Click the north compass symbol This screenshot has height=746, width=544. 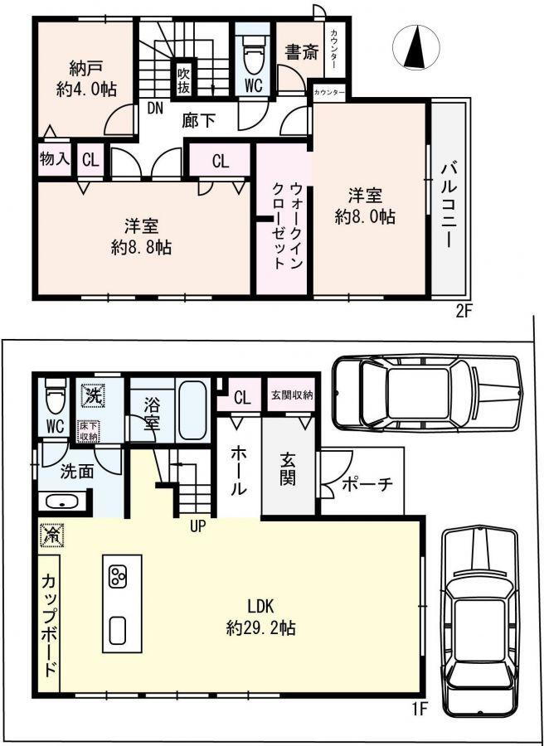415,47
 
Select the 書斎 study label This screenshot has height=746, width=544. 301,53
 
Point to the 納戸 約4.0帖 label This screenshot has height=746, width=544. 85,79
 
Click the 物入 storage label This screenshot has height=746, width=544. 54,160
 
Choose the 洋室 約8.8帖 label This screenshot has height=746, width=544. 141,236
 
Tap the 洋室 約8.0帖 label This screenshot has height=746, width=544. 365,206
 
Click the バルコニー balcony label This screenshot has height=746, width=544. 449,204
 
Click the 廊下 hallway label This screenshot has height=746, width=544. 198,121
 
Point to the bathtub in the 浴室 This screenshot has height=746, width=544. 192,410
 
